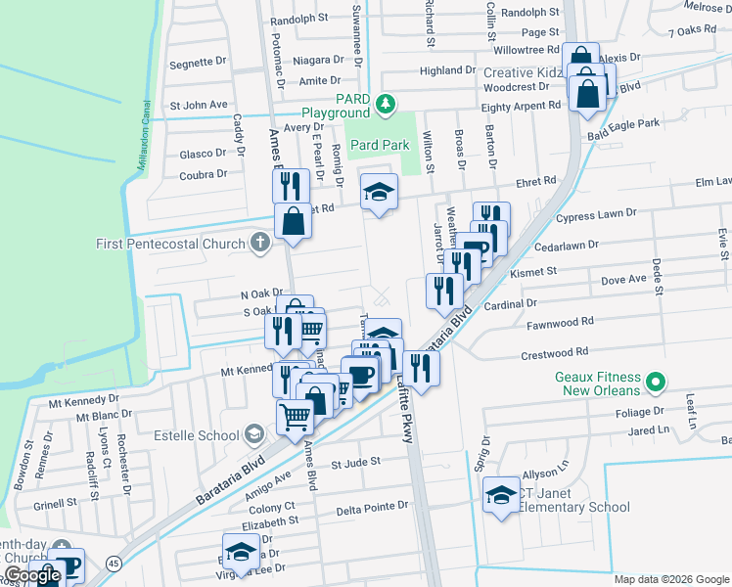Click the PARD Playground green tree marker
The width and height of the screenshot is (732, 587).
tap(388, 103)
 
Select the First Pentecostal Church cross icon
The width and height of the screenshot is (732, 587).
tap(259, 243)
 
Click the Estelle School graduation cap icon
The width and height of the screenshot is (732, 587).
tap(254, 434)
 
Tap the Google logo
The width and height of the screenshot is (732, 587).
tap(33, 575)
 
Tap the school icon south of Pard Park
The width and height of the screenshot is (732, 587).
tap(380, 192)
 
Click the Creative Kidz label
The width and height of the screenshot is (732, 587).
tap(523, 74)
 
